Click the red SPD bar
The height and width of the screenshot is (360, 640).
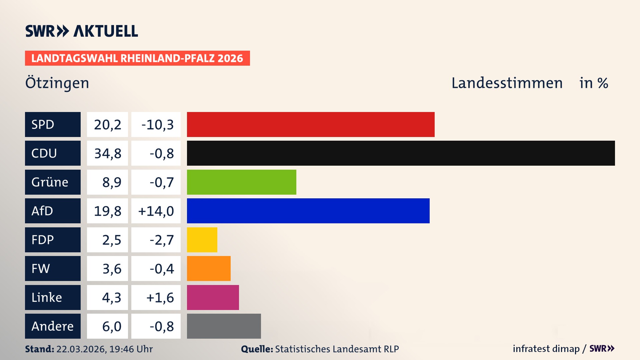[311, 124]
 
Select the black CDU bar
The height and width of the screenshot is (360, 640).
[401, 153]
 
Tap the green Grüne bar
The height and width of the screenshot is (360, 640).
[241, 182]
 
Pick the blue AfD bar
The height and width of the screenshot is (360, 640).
[308, 211]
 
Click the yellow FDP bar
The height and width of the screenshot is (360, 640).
[202, 240]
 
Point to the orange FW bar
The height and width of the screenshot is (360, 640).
[209, 268]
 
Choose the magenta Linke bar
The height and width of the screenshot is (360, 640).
[213, 297]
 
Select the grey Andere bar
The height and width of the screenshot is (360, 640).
[224, 326]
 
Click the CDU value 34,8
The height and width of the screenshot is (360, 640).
[107, 153]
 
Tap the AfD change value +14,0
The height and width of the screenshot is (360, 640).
[156, 211]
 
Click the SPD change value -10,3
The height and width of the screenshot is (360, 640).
[157, 125]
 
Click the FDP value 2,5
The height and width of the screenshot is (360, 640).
[111, 240]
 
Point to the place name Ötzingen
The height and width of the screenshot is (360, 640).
[57, 83]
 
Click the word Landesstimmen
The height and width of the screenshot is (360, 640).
[507, 83]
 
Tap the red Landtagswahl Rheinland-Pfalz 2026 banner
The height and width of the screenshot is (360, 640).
[137, 58]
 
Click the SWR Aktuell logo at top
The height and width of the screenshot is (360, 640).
[81, 31]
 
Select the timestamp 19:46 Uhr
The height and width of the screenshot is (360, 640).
[131, 349]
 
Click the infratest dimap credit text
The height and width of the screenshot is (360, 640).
[546, 349]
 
